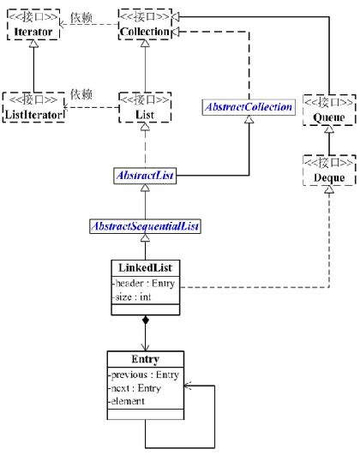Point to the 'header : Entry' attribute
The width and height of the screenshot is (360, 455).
142,284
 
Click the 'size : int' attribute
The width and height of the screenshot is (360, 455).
132,297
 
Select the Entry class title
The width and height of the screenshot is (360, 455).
143,360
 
